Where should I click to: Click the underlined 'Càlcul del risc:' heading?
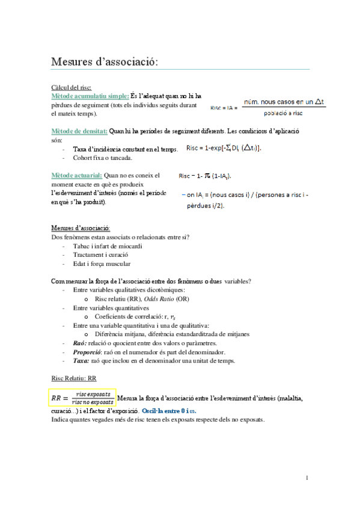[72, 88]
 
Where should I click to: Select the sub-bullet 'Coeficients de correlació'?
[129, 316]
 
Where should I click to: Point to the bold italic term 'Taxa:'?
[81, 360]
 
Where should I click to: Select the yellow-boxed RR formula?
[83, 398]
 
